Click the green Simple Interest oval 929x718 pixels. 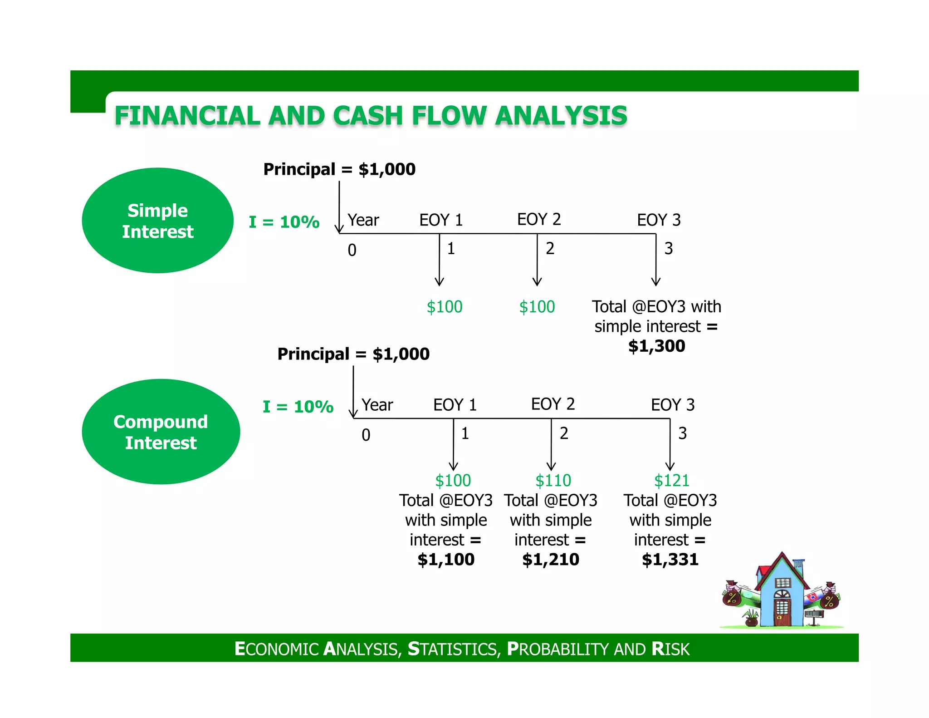point(157,221)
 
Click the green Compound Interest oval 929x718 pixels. point(161,432)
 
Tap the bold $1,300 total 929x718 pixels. point(656,346)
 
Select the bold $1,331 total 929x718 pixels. point(670,560)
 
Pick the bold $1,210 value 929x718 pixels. point(551,560)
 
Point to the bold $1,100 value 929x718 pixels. point(446,560)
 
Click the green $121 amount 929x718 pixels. point(671,480)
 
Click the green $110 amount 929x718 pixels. point(553,480)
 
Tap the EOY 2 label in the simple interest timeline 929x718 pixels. point(539,219)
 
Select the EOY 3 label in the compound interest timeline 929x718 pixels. point(673,404)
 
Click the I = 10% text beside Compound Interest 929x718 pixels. point(298,407)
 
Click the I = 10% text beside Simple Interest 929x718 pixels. point(284,222)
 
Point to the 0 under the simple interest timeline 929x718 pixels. point(352,251)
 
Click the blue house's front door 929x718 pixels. point(782,613)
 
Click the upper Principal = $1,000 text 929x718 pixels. point(339,169)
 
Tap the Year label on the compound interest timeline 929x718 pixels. point(377,405)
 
